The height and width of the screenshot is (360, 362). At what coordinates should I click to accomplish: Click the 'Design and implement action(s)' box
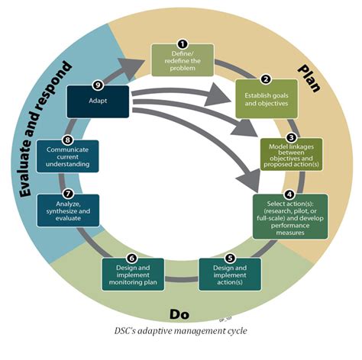tap(230, 274)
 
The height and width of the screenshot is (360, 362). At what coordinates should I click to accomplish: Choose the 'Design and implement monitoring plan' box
tap(132, 274)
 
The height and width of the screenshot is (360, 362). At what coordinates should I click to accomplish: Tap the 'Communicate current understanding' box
tap(67, 158)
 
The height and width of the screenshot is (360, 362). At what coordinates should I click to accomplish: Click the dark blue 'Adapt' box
tap(98, 101)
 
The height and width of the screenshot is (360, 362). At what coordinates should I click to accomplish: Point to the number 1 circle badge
tap(182, 44)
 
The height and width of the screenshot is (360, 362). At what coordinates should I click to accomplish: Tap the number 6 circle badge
tap(132, 259)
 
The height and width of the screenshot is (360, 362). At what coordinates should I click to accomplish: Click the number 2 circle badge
tap(266, 79)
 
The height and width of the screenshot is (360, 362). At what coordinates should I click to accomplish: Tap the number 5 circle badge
tap(230, 259)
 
